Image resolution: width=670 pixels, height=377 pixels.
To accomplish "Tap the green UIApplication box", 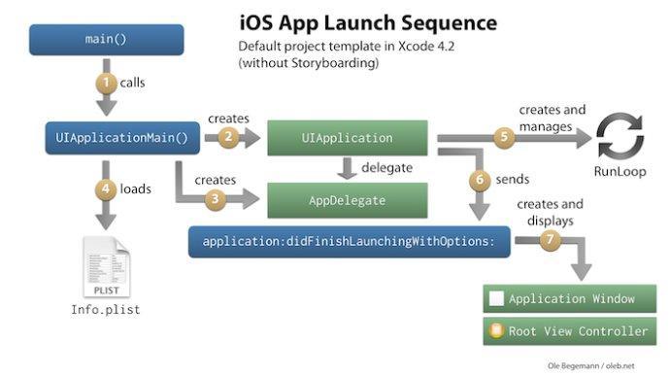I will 347,138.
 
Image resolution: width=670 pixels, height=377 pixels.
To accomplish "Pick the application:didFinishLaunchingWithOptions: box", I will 350,240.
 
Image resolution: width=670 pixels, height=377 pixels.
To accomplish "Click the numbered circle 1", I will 107,83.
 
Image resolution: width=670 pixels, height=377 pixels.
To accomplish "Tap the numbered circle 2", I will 228,137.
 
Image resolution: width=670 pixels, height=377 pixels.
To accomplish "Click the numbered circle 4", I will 107,188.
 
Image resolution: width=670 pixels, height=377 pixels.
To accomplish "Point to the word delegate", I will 387,167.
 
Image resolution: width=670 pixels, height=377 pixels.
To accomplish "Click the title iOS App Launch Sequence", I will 367,21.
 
